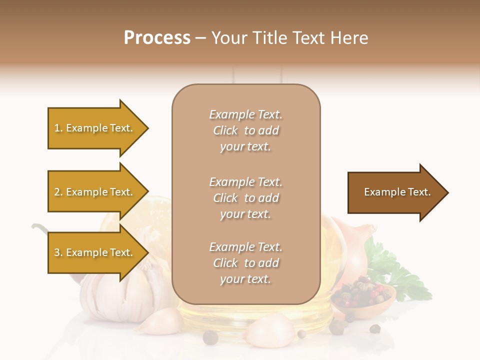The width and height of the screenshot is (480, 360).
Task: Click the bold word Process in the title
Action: coord(157,38)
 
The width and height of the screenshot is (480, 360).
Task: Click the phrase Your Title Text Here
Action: coord(289,38)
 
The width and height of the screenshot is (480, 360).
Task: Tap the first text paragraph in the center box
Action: coord(245,130)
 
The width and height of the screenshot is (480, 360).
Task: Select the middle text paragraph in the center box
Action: coord(245,198)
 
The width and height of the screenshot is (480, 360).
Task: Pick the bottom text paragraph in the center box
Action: coord(245,263)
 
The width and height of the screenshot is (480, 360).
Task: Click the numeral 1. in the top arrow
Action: coord(58,128)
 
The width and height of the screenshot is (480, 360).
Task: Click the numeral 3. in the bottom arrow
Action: coord(58,252)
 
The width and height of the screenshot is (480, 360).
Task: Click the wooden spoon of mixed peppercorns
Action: coord(362,297)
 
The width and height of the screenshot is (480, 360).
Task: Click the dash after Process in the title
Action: coord(201,38)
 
